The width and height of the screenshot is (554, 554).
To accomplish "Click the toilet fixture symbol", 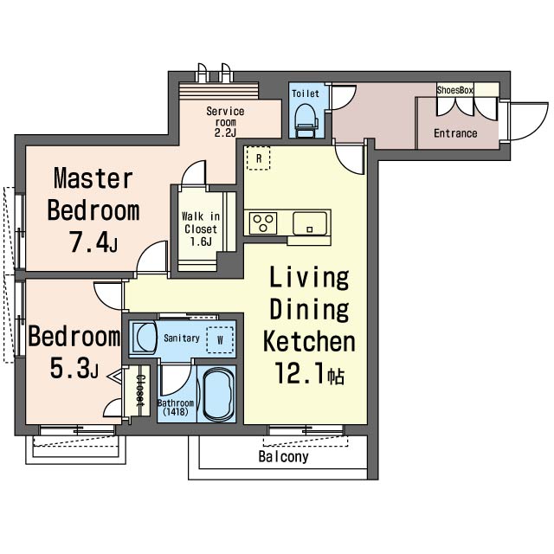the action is point(306,119).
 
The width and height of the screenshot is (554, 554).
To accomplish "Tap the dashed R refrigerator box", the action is point(258,158).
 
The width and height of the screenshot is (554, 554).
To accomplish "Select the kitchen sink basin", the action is point(310,223).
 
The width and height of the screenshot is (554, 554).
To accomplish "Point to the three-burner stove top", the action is point(263,223).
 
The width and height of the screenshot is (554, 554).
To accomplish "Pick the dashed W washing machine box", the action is point(220,340).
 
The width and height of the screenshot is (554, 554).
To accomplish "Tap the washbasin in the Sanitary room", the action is point(145,337).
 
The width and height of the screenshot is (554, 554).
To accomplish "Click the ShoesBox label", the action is point(454,90).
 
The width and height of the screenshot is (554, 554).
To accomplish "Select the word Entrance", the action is point(455,133).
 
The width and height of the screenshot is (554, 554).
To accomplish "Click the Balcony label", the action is point(283,456).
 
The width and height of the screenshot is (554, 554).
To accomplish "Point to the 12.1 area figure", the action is point(299,373).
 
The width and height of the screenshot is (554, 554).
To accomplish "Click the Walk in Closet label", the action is point(201,229).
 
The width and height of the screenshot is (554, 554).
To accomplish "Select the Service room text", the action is point(225,117).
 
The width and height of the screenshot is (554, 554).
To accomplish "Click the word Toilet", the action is point(306,93).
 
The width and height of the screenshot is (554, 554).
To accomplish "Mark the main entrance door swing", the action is point(529,121).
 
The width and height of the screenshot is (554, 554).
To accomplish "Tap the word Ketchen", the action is point(309,341).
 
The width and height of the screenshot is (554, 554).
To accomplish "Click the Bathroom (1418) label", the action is point(176,407).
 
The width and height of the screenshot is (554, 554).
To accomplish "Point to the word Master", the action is point(93,178).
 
